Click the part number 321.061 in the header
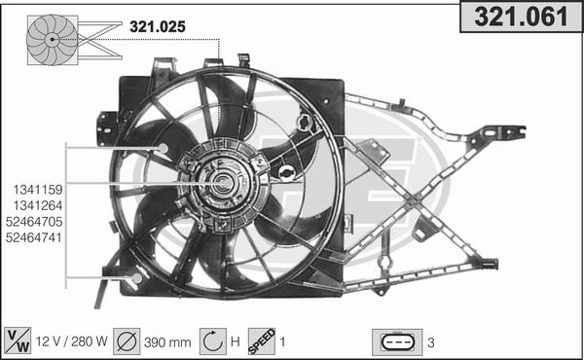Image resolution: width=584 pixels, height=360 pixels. click(520, 18)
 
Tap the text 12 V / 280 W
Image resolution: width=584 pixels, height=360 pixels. click(71, 342)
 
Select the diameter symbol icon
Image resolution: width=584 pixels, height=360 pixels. click(128, 342)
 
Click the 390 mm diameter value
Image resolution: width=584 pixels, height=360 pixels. click(168, 342)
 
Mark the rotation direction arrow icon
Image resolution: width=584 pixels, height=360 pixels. click(212, 342)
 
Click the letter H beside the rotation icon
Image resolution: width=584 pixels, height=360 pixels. click(234, 342)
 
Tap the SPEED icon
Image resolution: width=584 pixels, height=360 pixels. click(261, 342)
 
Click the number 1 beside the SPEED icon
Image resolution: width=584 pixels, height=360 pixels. click(282, 342)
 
